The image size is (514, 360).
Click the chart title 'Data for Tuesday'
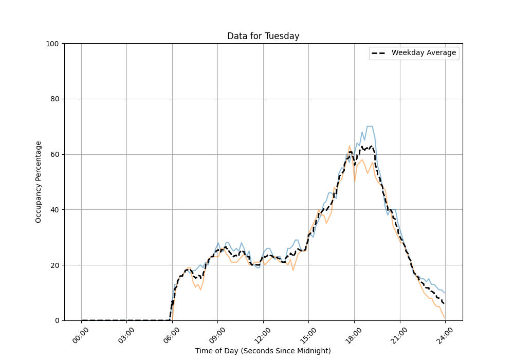click(263, 36)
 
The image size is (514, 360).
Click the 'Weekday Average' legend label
click(424, 53)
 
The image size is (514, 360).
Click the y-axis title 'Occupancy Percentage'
click(39, 182)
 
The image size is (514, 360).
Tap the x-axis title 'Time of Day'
click(263, 351)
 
